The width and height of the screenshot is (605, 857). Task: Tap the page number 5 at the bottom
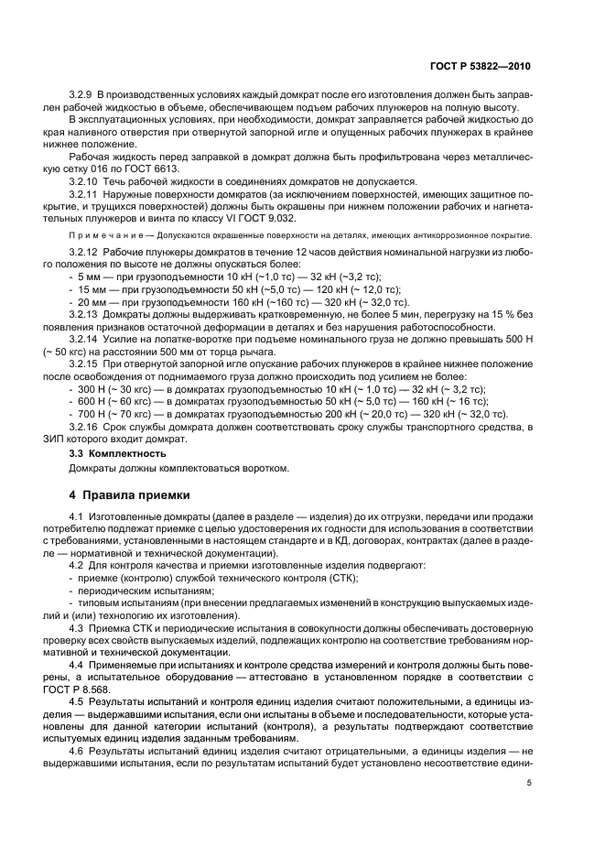tap(529, 783)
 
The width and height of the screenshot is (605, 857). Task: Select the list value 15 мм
tap(91, 288)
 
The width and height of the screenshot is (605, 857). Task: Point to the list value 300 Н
tap(92, 388)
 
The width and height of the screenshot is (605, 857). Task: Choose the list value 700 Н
tap(92, 413)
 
